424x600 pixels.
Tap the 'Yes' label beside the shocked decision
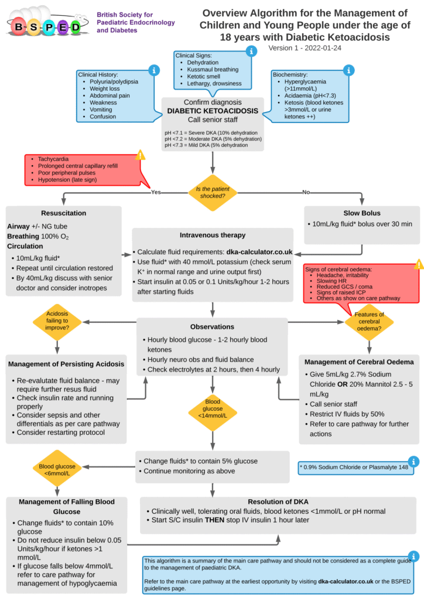coord(156,192)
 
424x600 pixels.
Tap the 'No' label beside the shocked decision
coord(306,192)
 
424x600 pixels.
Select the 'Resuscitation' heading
coord(64,213)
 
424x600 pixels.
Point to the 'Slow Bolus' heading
coord(363,212)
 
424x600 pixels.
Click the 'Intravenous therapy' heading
coord(212,236)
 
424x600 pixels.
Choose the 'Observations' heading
coord(212,326)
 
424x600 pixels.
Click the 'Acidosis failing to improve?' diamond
coord(57,321)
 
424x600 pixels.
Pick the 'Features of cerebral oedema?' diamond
coord(369,322)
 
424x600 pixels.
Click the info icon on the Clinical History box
coord(154,70)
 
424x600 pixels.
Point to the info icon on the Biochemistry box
coord(350,70)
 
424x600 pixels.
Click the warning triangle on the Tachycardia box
coord(140,155)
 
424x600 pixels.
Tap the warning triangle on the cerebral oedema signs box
coord(419,264)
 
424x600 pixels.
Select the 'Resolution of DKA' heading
coord(278,502)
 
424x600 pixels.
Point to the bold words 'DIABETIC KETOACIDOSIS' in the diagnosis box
coord(213,110)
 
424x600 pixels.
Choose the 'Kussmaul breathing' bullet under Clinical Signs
coord(213,70)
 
